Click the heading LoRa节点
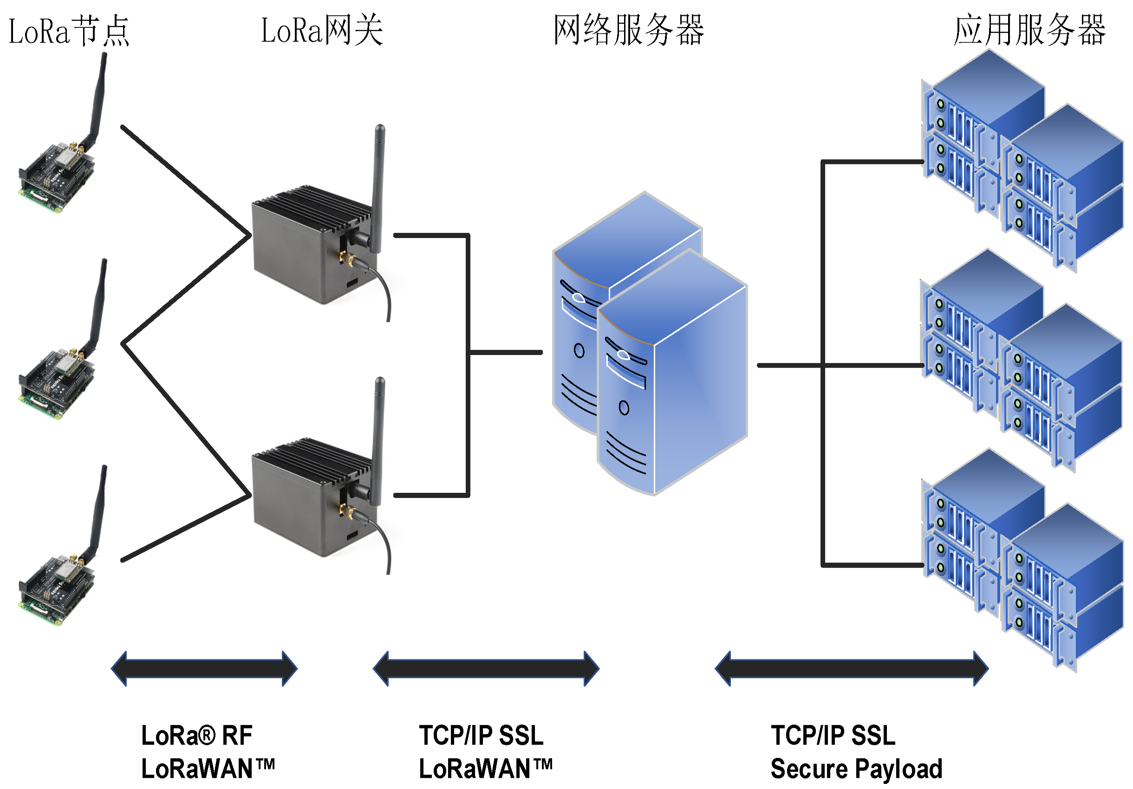(x=69, y=31)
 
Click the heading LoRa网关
(x=322, y=31)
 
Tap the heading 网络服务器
(x=628, y=31)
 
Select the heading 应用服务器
(x=1029, y=31)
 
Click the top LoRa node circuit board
(x=57, y=177)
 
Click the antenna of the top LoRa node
(x=98, y=98)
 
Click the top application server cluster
(x=1022, y=163)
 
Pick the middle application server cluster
(x=1022, y=362)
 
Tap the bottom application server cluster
(x=1022, y=562)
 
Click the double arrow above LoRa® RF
(x=204, y=669)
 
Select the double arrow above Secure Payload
(x=851, y=669)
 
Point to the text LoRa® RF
(x=196, y=735)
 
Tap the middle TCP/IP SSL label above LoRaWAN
(x=481, y=735)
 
